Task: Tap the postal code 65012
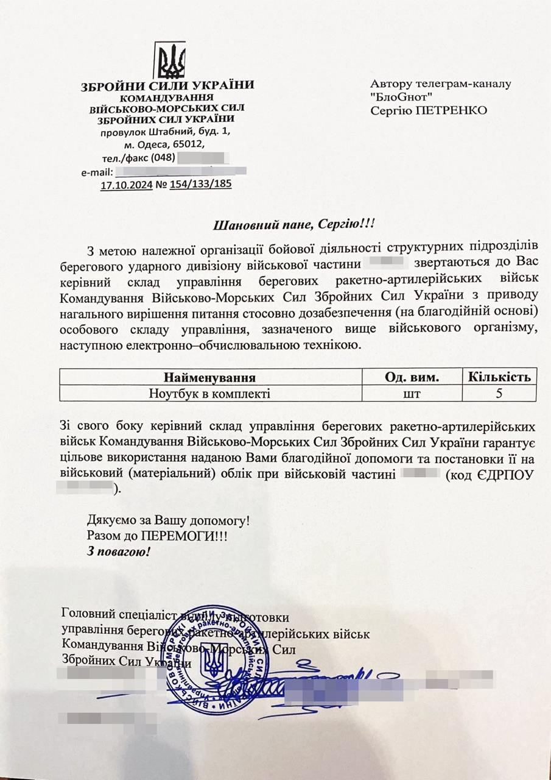[191, 145]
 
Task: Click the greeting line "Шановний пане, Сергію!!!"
[294, 225]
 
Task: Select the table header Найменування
[209, 377]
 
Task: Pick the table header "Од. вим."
[412, 377]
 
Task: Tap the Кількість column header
[499, 377]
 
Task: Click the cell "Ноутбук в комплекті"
[209, 393]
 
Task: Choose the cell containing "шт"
[412, 394]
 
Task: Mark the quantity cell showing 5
[499, 394]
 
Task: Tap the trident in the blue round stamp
[214, 658]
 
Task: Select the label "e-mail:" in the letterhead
[97, 172]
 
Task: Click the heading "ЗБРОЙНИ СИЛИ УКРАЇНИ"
[167, 86]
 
